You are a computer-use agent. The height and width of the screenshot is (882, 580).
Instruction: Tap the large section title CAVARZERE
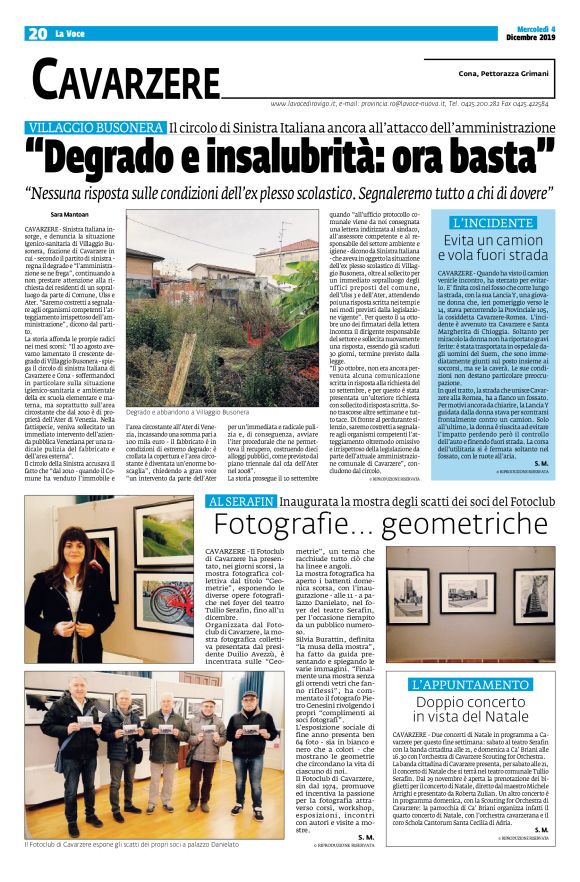click(125, 78)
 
